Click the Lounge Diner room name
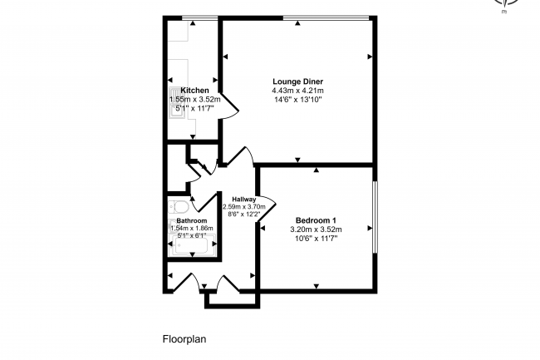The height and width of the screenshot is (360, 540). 297,81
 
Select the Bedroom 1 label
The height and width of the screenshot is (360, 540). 316,219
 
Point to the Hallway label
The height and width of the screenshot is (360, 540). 243,199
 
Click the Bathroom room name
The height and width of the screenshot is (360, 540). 191,220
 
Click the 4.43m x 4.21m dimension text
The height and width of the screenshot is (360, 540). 297,91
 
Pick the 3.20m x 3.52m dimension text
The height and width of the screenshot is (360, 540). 316,229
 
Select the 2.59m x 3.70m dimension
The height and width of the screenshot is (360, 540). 243,206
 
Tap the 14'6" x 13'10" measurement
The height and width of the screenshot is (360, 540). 297,100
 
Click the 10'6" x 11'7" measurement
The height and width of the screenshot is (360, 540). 316,238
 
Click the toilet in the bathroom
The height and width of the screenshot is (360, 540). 178,208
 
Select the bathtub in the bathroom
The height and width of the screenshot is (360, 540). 192,247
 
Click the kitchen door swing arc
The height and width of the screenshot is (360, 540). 231,107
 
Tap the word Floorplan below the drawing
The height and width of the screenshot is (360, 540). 183,339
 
